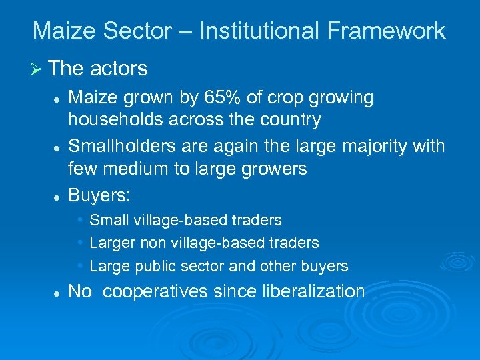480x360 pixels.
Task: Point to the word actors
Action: pyautogui.click(x=119, y=68)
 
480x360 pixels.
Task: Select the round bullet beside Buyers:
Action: pyautogui.click(x=58, y=196)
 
